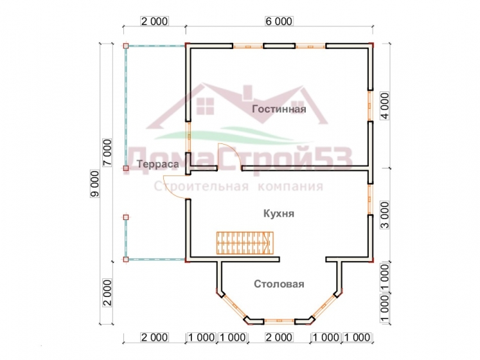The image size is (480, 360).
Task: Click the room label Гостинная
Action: pyautogui.click(x=279, y=109)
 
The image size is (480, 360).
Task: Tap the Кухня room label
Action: pyautogui.click(x=279, y=213)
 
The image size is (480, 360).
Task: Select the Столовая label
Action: pyautogui.click(x=279, y=284)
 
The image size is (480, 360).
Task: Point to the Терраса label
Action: pyautogui.click(x=157, y=164)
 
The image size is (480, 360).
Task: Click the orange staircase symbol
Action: pyautogui.click(x=245, y=243)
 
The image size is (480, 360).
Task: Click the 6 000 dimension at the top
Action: pyautogui.click(x=279, y=21)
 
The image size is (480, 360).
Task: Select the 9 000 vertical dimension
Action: pyautogui.click(x=95, y=183)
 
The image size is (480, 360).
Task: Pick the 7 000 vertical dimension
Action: pyautogui.click(x=107, y=152)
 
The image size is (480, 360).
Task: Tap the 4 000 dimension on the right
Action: pyautogui.click(x=384, y=105)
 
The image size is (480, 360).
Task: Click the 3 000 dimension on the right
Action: pyautogui.click(x=384, y=215)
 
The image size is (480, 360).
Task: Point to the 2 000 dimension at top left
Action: pyautogui.click(x=154, y=21)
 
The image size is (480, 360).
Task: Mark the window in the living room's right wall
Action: pyautogui.click(x=370, y=106)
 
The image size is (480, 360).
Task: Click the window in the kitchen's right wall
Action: pyautogui.click(x=370, y=199)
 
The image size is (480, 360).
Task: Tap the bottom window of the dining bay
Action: pyautogui.click(x=279, y=321)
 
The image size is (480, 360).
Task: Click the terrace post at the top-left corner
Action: pyautogui.click(x=125, y=46)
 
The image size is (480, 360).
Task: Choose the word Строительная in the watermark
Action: pyautogui.click(x=201, y=186)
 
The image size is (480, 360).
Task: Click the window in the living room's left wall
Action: pyautogui.click(x=189, y=137)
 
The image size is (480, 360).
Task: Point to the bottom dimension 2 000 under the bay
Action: pyautogui.click(x=279, y=337)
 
